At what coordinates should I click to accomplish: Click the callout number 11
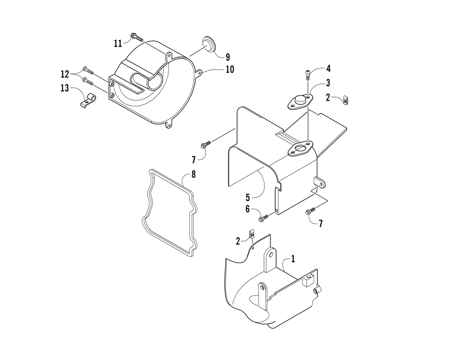coord(118,43)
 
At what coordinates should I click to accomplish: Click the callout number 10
coord(230,70)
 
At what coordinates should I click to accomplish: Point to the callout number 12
coord(64,74)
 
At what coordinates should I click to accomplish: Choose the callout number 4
coord(328,69)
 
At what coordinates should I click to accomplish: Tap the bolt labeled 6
coord(265,216)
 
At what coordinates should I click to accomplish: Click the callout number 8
coord(193,175)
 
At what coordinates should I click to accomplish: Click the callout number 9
coord(227,58)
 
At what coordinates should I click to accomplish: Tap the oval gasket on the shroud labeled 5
coord(301,149)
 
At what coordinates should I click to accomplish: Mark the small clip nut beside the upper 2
coord(346,99)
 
